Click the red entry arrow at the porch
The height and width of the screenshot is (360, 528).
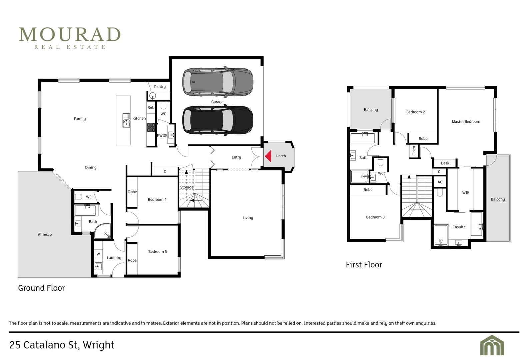[268, 156]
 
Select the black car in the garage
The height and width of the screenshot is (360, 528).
[218, 120]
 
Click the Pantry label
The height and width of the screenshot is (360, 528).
[160, 87]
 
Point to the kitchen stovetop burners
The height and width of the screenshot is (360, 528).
[151, 128]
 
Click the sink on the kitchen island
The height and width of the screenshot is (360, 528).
[126, 120]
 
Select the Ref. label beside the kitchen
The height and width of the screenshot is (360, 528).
[151, 108]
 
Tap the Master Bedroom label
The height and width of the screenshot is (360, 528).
[466, 122]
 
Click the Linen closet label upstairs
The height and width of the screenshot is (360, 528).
[414, 151]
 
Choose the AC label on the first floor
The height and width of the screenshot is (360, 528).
[440, 182]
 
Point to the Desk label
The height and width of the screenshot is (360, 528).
[445, 163]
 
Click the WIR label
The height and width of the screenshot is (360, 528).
[466, 193]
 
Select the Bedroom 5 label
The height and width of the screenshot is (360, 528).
[157, 252]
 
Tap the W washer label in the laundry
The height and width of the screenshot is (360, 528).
[98, 254]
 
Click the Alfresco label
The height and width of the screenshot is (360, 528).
[45, 234]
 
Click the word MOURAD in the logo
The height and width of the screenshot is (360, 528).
[70, 34]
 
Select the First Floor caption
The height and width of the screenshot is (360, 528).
[364, 265]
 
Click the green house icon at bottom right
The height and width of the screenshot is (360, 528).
[492, 345]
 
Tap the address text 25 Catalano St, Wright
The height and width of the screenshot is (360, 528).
[62, 345]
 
